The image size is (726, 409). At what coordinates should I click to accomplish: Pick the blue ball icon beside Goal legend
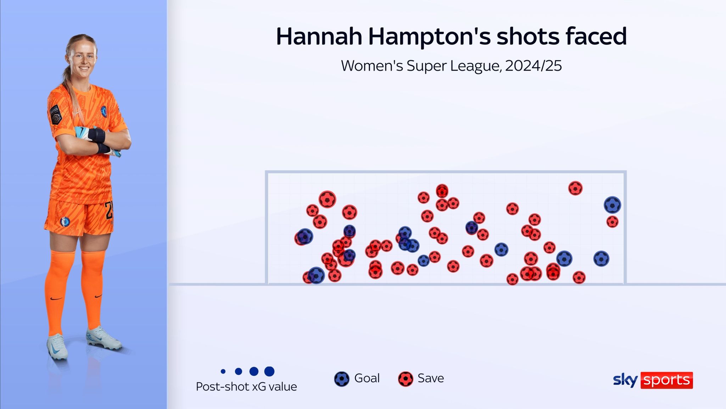coord(342,379)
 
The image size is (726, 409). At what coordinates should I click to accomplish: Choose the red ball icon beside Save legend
coord(406,379)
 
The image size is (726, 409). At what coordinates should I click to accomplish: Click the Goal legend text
coord(367,378)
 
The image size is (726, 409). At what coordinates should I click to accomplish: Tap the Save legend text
coord(431,378)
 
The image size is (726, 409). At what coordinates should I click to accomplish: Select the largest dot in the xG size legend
coord(269,371)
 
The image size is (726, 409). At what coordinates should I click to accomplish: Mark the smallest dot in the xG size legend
coord(223,371)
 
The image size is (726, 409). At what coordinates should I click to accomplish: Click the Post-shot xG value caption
coord(246,387)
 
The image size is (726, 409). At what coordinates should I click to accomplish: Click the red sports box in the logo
coord(666,380)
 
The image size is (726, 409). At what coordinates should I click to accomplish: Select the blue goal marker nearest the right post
coord(612,205)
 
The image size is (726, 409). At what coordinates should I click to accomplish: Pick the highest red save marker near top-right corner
coord(575,188)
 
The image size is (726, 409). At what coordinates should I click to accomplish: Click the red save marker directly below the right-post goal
coord(612,222)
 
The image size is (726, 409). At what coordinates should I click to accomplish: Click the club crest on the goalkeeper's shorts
coord(65,222)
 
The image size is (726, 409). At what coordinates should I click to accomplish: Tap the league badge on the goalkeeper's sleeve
coord(55,114)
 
